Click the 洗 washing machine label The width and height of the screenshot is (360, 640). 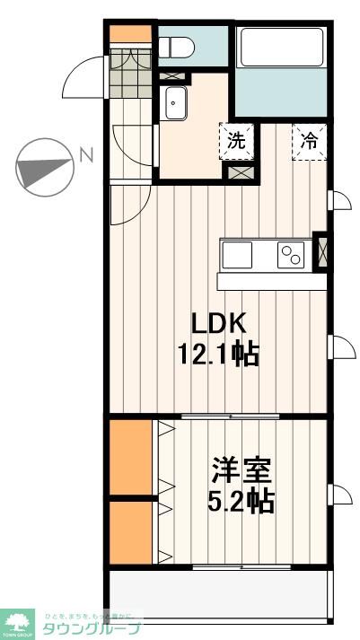click(x=235, y=141)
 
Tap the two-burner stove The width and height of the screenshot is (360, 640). click(x=291, y=255)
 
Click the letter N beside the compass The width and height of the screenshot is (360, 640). click(x=86, y=155)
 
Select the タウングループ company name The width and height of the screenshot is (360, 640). click(x=91, y=628)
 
